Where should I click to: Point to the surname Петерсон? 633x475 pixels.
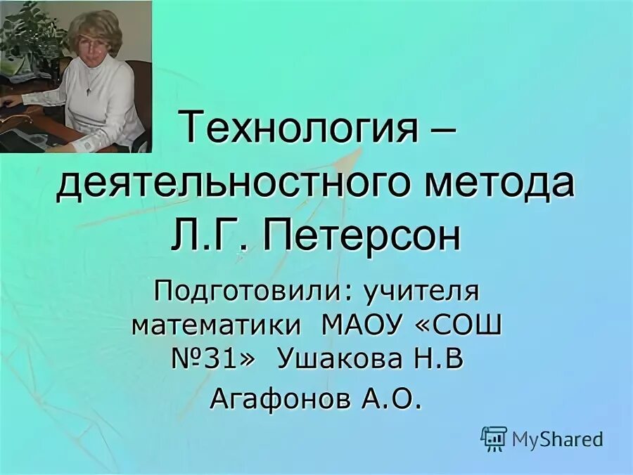(x=362, y=237)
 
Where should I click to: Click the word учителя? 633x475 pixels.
(x=415, y=290)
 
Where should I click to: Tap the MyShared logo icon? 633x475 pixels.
(x=494, y=438)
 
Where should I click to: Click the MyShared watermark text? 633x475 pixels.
(x=557, y=440)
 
